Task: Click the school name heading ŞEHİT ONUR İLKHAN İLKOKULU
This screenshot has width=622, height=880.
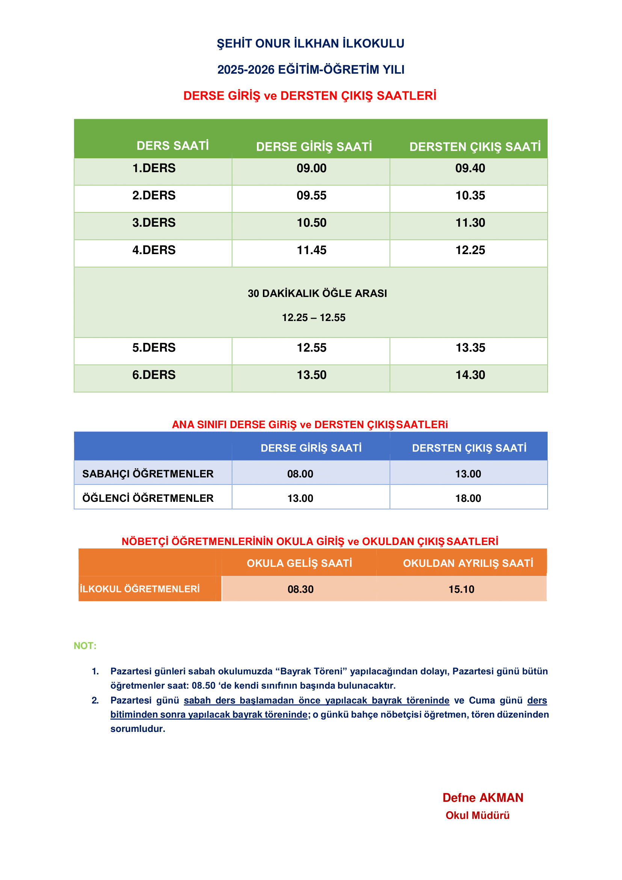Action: pos(310,44)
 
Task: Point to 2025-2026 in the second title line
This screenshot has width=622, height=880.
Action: pos(246,70)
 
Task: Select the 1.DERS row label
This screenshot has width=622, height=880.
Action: pos(154,168)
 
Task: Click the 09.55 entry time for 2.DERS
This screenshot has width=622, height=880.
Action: pos(311,195)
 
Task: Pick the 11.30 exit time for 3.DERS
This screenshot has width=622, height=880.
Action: pos(470,223)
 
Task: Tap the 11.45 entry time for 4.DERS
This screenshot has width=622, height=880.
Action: pos(311,250)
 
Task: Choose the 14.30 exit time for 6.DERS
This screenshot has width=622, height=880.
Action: pos(470,375)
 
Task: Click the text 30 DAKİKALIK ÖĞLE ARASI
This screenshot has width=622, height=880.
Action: pos(317,294)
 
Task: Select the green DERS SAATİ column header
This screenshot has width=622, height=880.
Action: pos(172,146)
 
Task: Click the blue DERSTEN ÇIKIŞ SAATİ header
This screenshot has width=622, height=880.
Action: pos(469,448)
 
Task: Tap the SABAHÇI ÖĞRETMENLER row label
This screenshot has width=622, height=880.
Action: pos(148,474)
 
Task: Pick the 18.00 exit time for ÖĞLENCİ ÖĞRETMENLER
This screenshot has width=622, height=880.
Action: pos(468,498)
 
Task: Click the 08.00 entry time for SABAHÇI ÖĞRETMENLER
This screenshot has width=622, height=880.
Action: pos(300,474)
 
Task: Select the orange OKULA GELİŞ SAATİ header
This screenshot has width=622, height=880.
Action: pos(299,563)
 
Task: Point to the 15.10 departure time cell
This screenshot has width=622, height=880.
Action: pos(461,589)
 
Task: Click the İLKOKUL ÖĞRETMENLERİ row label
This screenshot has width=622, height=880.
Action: pos(140,589)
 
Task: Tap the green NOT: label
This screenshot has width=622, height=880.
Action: pos(85,646)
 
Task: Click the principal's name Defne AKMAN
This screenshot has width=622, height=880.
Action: pos(483,798)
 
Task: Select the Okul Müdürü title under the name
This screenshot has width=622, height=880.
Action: pos(477,815)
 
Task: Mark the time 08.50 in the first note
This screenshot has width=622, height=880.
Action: pos(203,686)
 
